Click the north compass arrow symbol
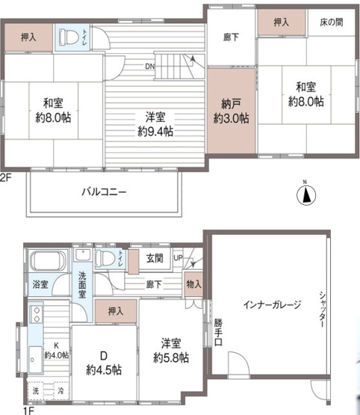305,194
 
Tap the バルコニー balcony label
104,192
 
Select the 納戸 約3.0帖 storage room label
229,111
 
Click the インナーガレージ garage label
272,304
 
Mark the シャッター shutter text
322,307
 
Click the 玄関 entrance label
154,259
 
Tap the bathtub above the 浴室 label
49,262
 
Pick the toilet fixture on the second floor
68,36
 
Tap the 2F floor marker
7,177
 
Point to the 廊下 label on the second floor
231,37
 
